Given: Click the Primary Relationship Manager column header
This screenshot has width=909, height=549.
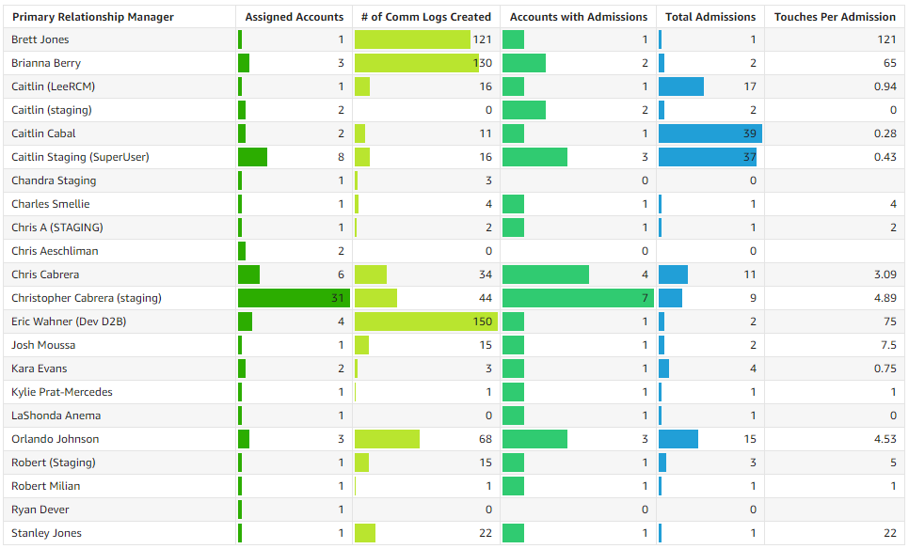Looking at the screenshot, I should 92,17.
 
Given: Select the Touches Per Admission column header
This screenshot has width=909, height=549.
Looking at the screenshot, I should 835,17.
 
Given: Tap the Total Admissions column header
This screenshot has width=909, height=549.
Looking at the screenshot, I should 710,17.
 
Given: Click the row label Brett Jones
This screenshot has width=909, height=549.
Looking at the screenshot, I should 40,39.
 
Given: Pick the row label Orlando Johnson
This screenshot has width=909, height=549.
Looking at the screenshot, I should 55,439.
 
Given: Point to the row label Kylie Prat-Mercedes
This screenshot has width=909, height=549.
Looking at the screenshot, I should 62,392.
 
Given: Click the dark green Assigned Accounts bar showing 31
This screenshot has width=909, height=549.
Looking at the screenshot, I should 294,298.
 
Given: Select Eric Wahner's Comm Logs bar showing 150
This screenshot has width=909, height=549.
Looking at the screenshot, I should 425,322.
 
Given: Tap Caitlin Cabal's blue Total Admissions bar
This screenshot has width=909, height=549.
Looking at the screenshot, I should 710,133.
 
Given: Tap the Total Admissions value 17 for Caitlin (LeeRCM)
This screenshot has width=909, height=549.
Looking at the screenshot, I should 749,86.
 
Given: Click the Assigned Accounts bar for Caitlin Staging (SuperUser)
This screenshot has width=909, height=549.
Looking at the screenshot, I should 252,157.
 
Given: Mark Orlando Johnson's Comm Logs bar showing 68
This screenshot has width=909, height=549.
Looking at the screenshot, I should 387,439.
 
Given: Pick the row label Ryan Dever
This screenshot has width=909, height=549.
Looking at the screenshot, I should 40,510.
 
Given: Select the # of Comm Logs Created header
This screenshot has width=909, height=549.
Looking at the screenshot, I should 426,17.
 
